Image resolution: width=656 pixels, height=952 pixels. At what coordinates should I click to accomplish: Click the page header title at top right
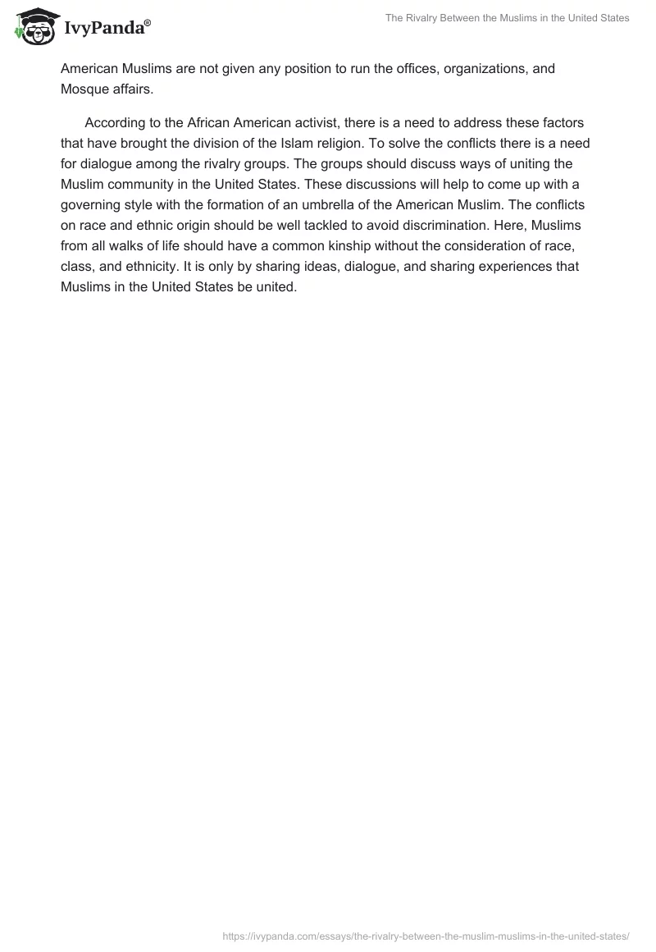[508, 18]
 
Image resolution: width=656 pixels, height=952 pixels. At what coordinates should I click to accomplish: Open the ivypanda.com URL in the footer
[426, 936]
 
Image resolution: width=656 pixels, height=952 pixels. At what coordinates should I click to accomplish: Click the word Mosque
[85, 89]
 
